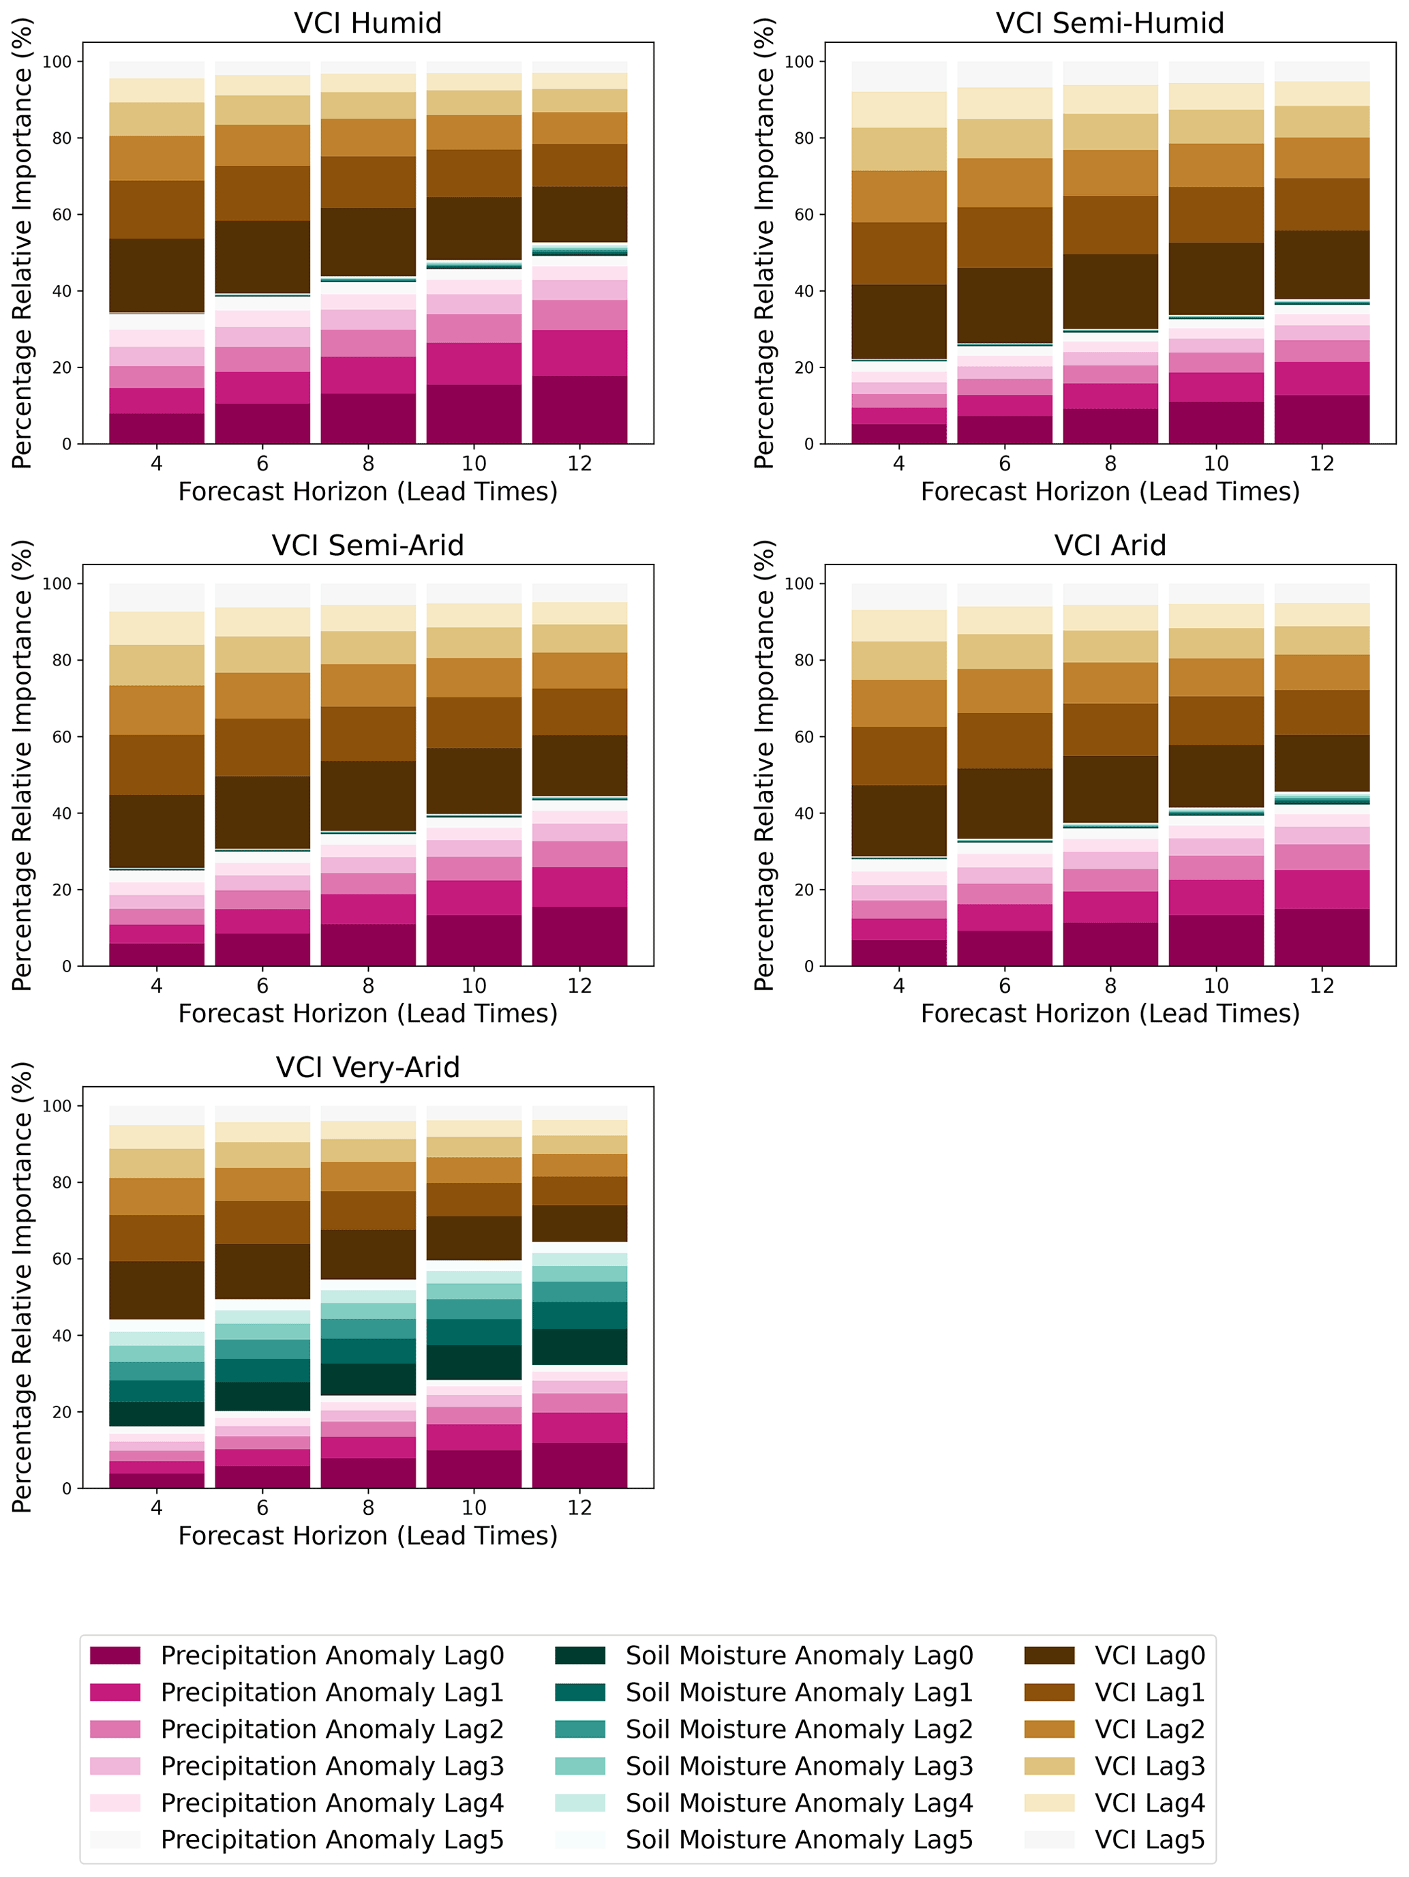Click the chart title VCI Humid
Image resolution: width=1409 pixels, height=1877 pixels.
pos(367,23)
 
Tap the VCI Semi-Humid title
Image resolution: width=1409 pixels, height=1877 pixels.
pos(1110,23)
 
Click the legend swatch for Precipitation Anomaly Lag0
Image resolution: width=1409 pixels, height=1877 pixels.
pos(115,1655)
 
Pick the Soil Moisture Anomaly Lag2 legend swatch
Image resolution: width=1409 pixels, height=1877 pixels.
pos(580,1728)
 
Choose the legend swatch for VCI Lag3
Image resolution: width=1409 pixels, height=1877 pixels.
pos(1049,1766)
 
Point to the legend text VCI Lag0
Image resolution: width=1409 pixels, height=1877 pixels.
pos(1149,1655)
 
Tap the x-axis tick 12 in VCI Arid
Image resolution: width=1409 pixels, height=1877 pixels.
pos(1322,985)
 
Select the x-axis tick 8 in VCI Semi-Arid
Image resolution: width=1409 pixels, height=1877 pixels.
pos(368,985)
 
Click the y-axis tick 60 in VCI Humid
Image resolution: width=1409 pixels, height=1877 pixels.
pos(63,215)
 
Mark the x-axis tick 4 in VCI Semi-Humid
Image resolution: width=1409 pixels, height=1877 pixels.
pos(899,464)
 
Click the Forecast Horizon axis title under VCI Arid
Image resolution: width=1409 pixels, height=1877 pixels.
pos(1110,1013)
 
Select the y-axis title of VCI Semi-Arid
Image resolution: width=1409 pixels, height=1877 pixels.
pos(22,766)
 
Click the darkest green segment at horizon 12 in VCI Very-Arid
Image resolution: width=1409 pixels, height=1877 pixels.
pos(579,1346)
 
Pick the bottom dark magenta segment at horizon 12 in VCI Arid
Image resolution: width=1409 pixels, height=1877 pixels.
pos(1322,937)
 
